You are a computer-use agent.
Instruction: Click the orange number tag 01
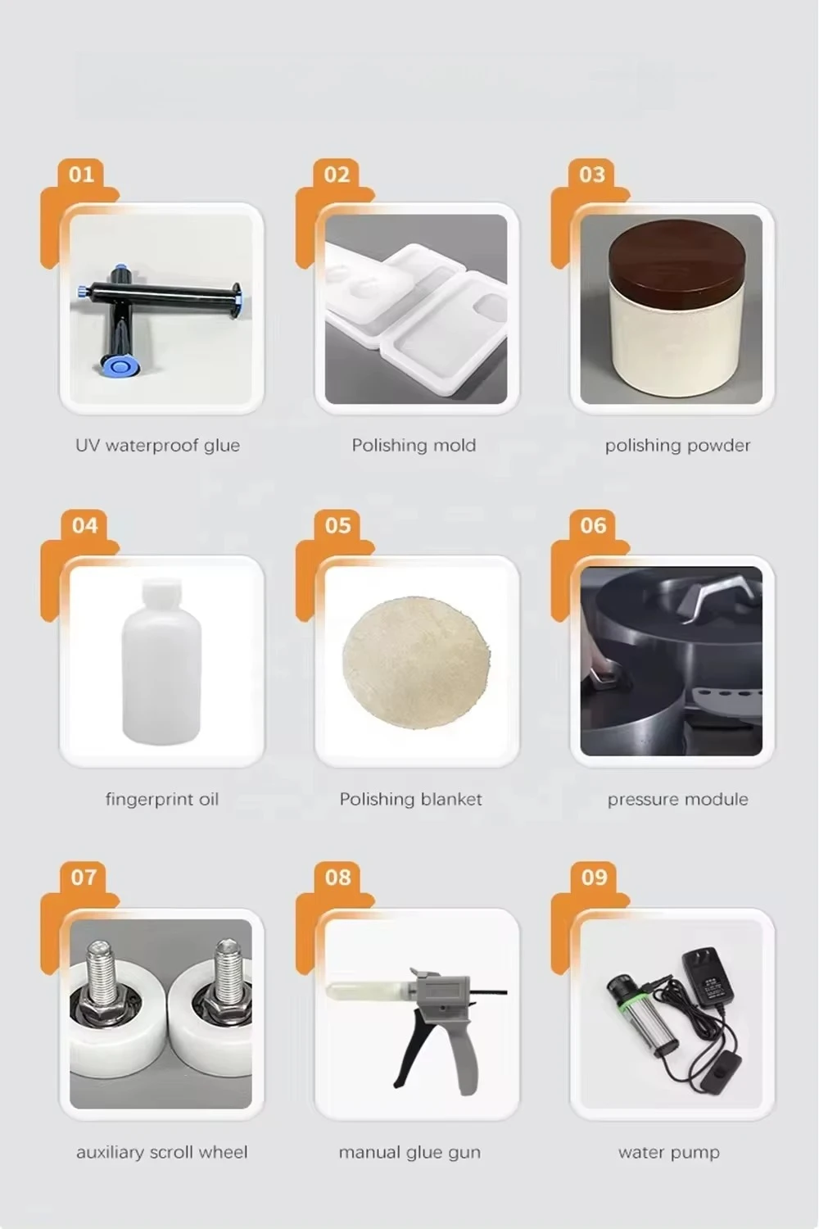tap(81, 175)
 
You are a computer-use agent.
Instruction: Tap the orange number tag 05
tap(337, 526)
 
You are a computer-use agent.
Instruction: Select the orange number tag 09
tap(594, 878)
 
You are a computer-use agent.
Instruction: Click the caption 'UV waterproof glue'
tap(158, 445)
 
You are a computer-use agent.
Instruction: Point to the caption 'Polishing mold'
tap(414, 445)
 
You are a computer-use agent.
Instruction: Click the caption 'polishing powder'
tap(677, 445)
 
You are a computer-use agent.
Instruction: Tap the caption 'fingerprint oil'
tap(162, 799)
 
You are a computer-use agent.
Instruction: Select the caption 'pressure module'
tap(677, 799)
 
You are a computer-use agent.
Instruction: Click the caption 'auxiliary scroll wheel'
tap(162, 1152)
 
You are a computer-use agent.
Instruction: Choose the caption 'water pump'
tap(668, 1152)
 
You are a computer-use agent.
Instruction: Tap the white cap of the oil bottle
tap(161, 592)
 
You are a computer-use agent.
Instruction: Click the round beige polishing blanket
tap(416, 660)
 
